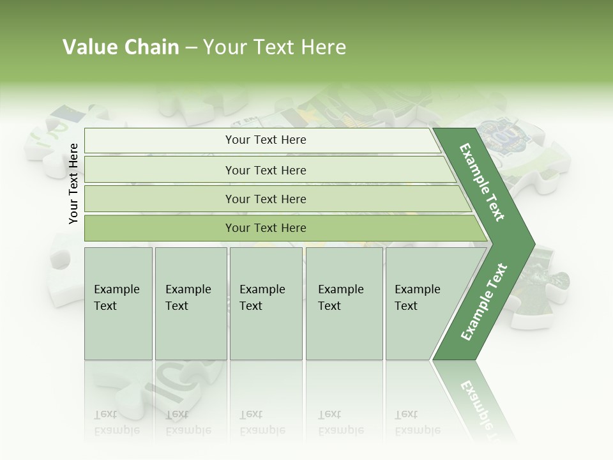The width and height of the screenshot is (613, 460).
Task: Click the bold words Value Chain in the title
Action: click(x=121, y=47)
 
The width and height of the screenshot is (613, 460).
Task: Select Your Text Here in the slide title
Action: click(x=275, y=47)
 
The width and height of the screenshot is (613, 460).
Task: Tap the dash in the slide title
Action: click(x=191, y=48)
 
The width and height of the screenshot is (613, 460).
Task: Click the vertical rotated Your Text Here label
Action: click(x=73, y=183)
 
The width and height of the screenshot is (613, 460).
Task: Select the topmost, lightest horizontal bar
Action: click(x=266, y=140)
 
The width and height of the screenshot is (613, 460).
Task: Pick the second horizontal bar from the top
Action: click(x=266, y=170)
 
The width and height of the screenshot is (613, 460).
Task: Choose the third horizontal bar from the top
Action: click(x=266, y=199)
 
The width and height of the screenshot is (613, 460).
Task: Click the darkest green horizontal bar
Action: click(x=266, y=228)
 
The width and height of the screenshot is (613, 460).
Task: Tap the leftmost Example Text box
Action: click(x=118, y=303)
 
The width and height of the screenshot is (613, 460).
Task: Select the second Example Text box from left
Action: click(x=190, y=303)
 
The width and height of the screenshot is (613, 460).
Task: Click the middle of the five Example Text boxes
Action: click(x=266, y=303)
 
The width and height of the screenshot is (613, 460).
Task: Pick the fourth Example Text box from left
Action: click(x=344, y=303)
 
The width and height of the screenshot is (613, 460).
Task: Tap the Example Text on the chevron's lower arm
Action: click(x=484, y=302)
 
